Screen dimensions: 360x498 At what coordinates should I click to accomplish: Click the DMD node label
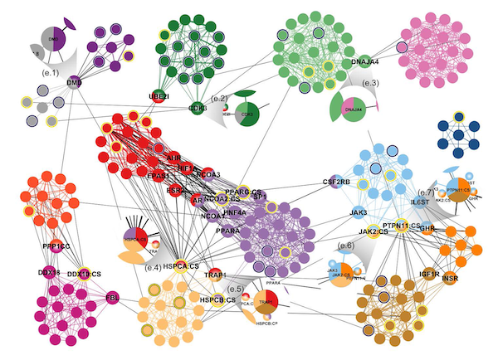(74, 83)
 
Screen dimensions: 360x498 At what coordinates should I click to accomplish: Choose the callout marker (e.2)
(220, 98)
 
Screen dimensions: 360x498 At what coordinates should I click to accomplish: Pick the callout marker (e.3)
(370, 83)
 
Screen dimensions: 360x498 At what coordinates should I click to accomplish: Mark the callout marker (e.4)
(152, 267)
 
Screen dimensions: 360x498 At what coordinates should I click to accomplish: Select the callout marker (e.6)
(346, 246)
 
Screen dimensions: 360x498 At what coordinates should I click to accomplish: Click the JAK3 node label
(359, 212)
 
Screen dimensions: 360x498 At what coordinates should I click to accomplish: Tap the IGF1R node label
(429, 272)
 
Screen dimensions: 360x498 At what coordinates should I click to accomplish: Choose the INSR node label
(449, 277)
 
